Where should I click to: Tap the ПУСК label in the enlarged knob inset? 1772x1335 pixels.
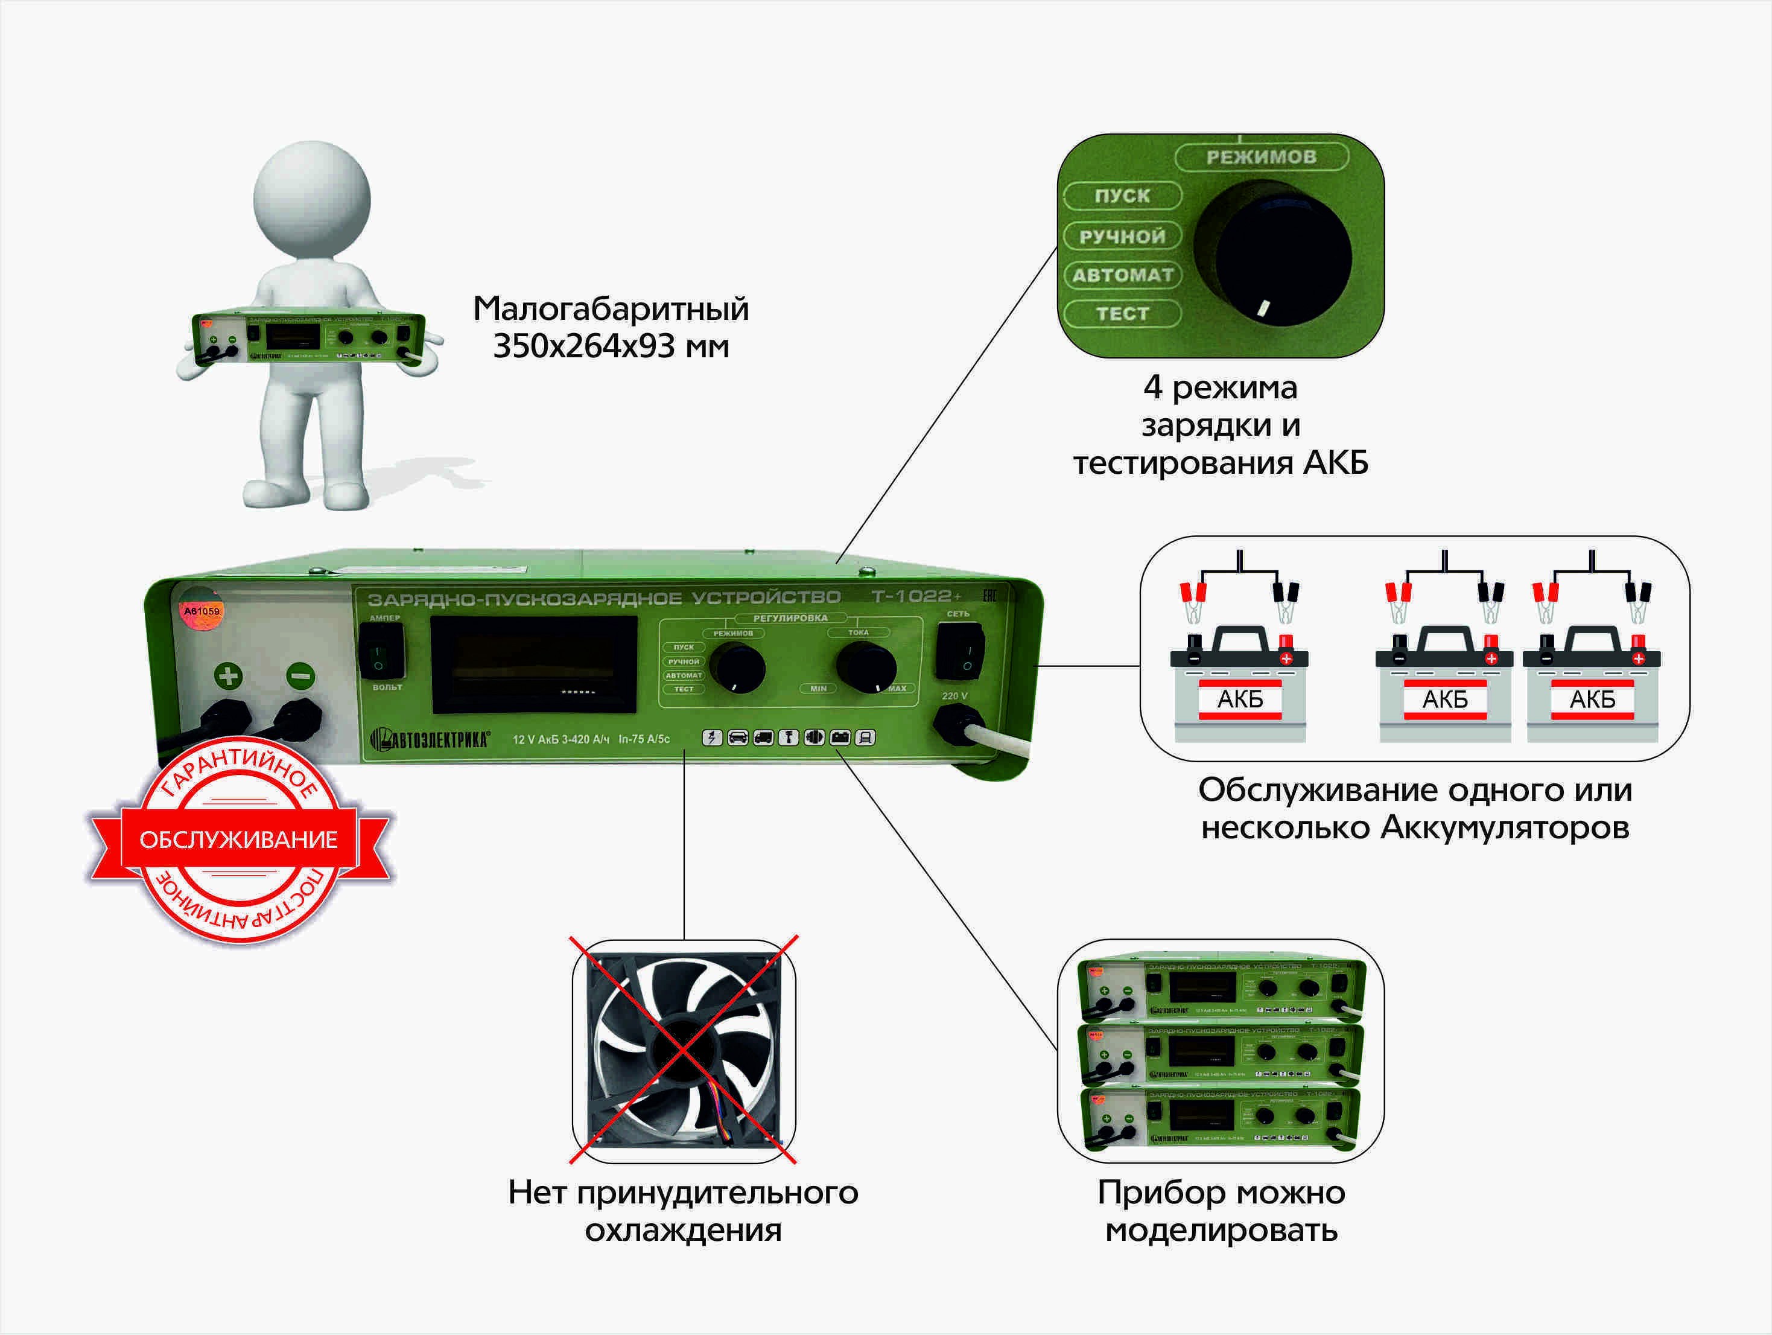(1122, 196)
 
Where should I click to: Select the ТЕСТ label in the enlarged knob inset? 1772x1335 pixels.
(1122, 313)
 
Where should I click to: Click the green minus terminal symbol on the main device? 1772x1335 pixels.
(300, 675)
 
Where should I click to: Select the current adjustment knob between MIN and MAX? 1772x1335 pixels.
(865, 666)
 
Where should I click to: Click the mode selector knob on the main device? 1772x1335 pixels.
(737, 667)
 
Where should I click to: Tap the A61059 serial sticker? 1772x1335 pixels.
(201, 611)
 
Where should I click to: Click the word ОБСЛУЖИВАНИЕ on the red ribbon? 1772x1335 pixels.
(239, 839)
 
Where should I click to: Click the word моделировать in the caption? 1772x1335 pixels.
(1221, 1230)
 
